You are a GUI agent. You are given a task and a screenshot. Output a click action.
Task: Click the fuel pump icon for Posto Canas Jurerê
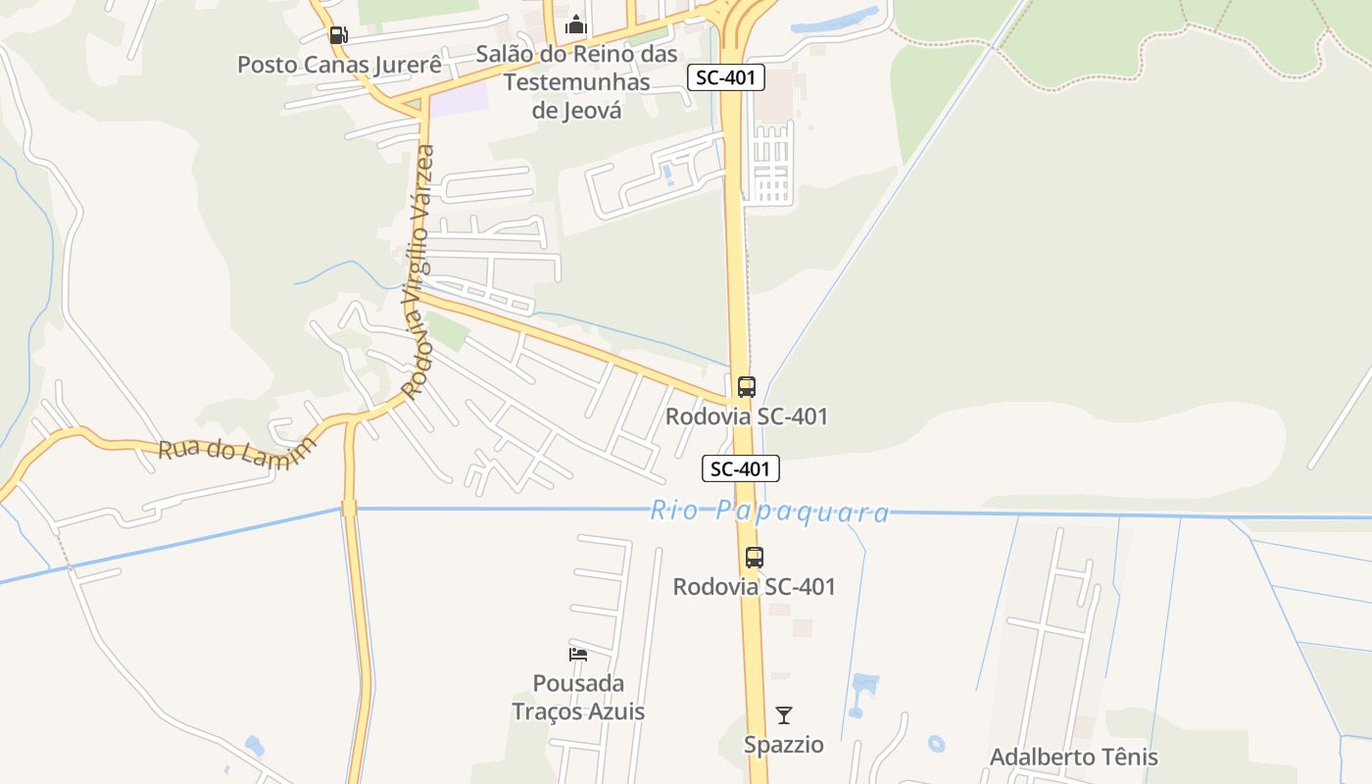click(338, 35)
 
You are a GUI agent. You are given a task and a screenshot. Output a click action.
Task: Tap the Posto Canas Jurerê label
click(339, 65)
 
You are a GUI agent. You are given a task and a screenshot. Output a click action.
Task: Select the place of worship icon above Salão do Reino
click(576, 24)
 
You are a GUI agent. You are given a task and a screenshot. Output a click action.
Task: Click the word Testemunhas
click(576, 81)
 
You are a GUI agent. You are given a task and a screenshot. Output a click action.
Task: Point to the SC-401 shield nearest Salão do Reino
click(726, 77)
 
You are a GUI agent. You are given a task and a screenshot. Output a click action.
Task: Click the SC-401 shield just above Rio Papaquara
click(741, 469)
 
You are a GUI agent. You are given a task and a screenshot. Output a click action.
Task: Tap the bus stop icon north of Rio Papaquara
click(747, 386)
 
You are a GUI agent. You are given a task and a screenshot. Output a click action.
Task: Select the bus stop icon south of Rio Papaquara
click(754, 557)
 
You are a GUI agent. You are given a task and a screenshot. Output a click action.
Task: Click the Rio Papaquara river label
click(769, 512)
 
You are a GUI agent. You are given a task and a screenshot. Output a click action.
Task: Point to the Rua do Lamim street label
click(237, 453)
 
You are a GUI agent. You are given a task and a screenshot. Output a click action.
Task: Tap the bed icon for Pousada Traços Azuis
click(578, 654)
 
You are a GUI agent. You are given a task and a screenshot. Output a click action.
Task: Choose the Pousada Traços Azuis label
click(578, 697)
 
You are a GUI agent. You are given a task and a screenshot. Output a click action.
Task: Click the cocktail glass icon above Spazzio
click(783, 714)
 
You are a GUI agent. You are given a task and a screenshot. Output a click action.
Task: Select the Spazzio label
click(783, 745)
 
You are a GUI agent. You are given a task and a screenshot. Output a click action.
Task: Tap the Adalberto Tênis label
click(1073, 758)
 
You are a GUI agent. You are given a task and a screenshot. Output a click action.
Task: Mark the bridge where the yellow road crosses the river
click(349, 508)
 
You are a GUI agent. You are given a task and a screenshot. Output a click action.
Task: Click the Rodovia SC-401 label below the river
click(754, 587)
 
